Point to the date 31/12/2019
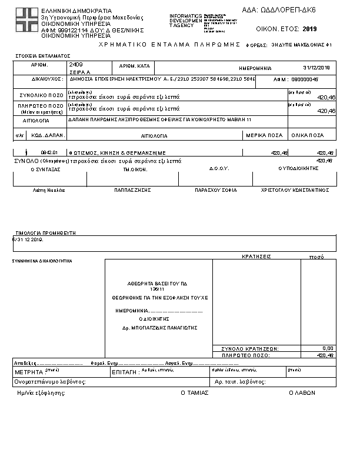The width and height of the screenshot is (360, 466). click(x=316, y=68)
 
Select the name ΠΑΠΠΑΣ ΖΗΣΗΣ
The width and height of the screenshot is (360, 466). click(x=133, y=190)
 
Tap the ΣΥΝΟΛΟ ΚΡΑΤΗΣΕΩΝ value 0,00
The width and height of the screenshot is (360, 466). click(x=328, y=348)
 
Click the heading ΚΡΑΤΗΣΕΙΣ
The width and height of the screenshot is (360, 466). click(x=256, y=257)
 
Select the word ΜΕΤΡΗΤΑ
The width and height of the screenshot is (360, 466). click(x=28, y=372)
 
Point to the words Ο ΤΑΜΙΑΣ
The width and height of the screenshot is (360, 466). click(x=194, y=392)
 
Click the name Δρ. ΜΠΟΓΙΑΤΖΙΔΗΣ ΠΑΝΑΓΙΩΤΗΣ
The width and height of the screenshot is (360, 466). click(x=159, y=327)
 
